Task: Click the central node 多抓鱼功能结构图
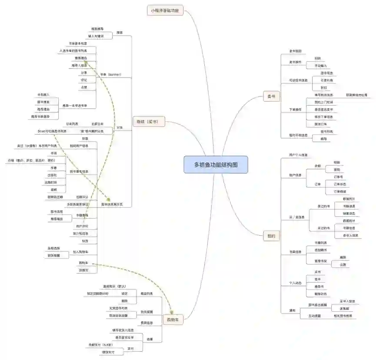click(x=216, y=165)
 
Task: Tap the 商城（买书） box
click(x=149, y=122)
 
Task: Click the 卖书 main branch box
click(x=271, y=97)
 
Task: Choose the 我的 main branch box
click(x=271, y=236)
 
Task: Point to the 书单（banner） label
click(x=110, y=75)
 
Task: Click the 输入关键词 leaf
click(x=96, y=36)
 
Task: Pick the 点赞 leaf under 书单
click(x=84, y=87)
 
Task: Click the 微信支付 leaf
click(x=108, y=352)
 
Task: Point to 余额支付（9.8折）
click(x=100, y=345)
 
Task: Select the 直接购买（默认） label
click(x=114, y=286)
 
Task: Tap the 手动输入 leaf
click(x=321, y=66)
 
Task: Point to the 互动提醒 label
click(x=315, y=316)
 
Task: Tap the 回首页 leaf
click(x=83, y=270)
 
